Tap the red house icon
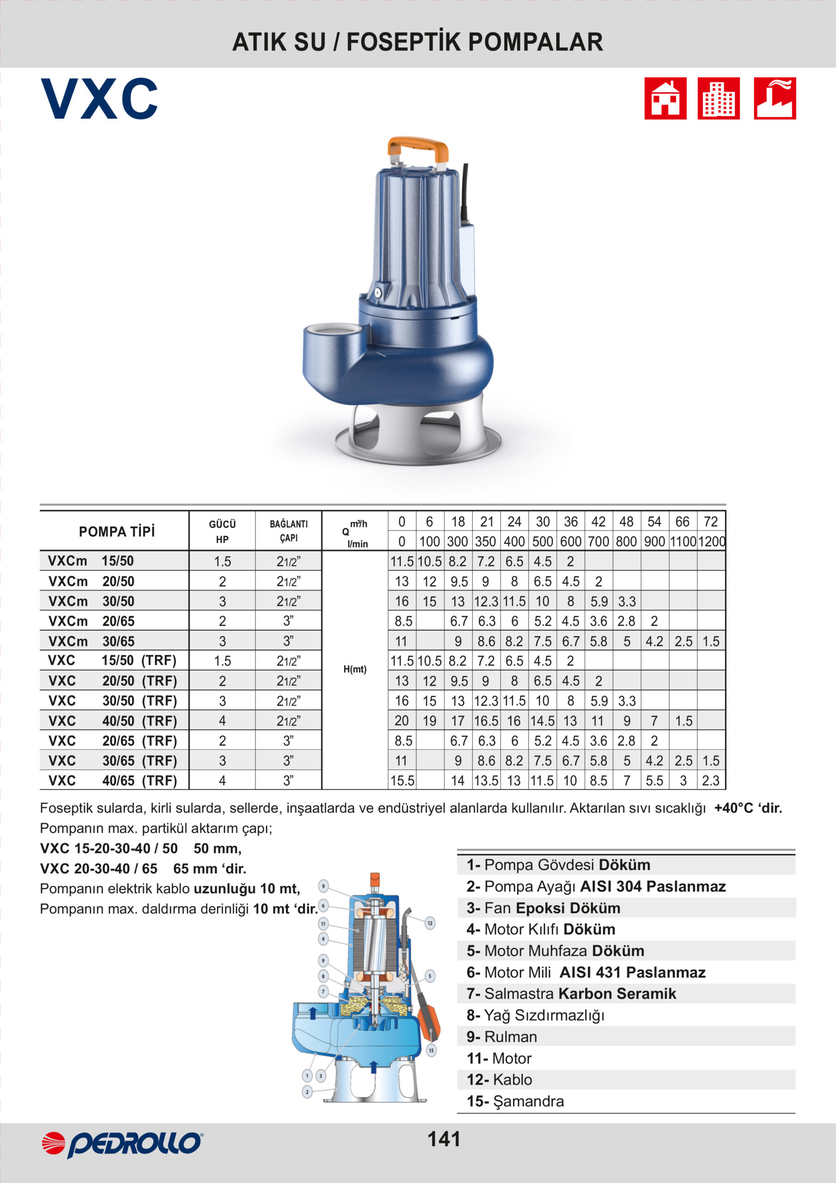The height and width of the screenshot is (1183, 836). pyautogui.click(x=665, y=98)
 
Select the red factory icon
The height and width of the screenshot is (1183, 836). pyautogui.click(x=774, y=98)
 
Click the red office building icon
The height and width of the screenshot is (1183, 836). pyautogui.click(x=719, y=98)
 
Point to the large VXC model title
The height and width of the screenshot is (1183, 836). pyautogui.click(x=99, y=99)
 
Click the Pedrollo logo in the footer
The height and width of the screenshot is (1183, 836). pyautogui.click(x=122, y=1144)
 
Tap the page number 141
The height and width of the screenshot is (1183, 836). pyautogui.click(x=444, y=1139)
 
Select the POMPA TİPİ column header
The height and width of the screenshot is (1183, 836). pyautogui.click(x=116, y=532)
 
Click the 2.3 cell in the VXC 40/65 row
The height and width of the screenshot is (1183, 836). pyautogui.click(x=711, y=781)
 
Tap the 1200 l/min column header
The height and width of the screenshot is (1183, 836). pyautogui.click(x=711, y=542)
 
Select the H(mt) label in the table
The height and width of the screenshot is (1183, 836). pyautogui.click(x=355, y=669)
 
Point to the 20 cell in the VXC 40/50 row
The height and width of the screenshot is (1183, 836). pyautogui.click(x=402, y=721)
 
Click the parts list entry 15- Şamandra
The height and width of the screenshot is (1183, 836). pyautogui.click(x=515, y=1101)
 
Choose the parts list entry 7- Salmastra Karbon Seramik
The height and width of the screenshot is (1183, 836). pyautogui.click(x=571, y=994)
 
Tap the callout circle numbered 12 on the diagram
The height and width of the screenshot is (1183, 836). pyautogui.click(x=430, y=923)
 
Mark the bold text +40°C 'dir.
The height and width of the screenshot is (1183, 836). pyautogui.click(x=748, y=808)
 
